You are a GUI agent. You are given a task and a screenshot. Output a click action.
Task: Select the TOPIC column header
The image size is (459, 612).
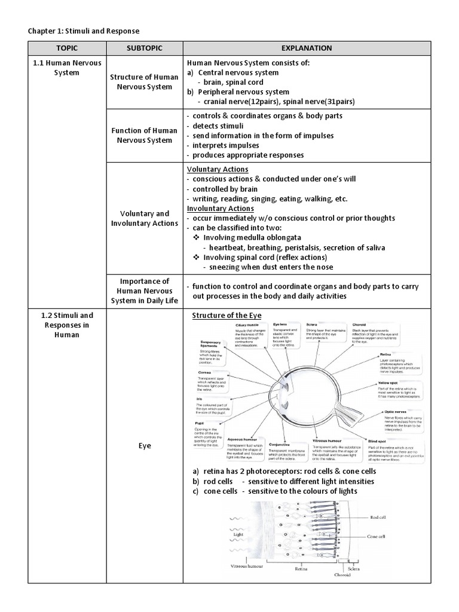(67, 48)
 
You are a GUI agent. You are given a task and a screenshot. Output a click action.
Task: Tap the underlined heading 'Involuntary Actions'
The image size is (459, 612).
(221, 209)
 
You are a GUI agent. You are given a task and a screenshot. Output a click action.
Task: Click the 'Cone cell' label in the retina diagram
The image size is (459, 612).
(377, 537)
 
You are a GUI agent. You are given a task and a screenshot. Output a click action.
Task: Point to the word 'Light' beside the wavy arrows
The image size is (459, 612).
(232, 535)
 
